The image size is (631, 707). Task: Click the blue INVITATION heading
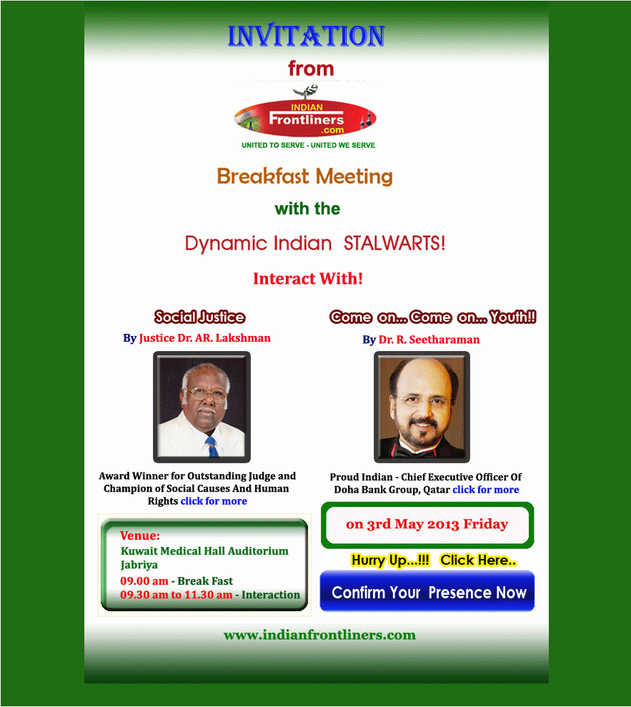click(306, 36)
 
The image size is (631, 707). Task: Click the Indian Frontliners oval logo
click(305, 118)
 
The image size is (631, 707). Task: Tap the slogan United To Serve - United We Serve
click(308, 145)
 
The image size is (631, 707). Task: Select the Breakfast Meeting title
click(304, 177)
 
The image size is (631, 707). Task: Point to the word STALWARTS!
click(394, 244)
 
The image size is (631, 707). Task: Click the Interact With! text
click(308, 279)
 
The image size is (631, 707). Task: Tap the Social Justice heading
click(199, 317)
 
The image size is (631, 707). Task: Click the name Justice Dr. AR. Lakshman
click(205, 338)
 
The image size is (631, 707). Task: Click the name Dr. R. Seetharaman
click(429, 340)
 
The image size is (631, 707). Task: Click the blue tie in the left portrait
click(211, 446)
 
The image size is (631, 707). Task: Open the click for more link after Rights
click(214, 501)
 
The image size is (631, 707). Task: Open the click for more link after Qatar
click(486, 490)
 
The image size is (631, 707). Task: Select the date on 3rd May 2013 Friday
click(427, 524)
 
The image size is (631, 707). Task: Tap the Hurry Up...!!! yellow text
click(390, 560)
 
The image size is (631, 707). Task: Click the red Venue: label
click(140, 535)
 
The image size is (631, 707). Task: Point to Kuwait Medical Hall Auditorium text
click(204, 551)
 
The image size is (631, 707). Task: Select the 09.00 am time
click(144, 580)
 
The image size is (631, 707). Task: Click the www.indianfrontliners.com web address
click(319, 635)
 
